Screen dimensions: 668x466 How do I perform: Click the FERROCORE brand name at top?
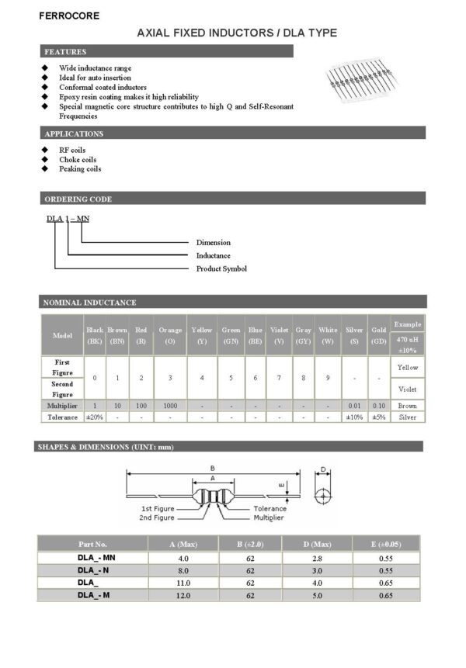pos(68,15)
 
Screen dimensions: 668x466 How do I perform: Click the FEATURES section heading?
pos(64,51)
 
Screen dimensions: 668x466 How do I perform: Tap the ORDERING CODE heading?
pos(78,199)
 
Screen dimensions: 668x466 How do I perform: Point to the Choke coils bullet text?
pos(78,159)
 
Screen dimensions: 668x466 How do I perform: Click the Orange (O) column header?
pos(170,335)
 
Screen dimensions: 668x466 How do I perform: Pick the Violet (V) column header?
pos(280,335)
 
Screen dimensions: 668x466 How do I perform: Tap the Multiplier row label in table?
pos(63,406)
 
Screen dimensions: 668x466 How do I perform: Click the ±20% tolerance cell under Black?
pos(95,417)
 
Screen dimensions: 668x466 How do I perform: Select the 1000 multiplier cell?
pos(170,406)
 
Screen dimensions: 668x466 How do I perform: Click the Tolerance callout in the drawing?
pos(270,509)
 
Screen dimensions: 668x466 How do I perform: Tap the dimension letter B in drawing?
pos(212,468)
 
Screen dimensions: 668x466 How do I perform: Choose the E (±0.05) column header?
pos(386,545)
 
